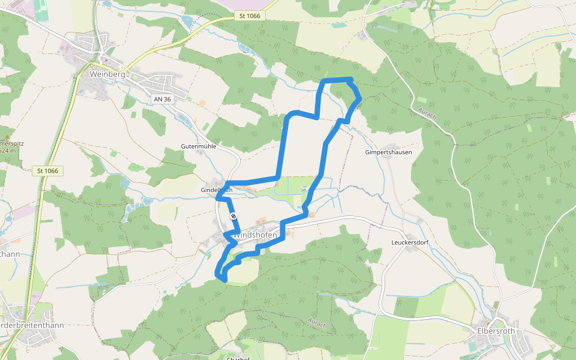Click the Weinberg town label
point(107,74)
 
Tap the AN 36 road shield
point(162,99)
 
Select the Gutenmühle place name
point(198,146)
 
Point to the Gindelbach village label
point(215,190)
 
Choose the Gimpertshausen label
point(388,152)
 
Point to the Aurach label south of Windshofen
point(317,322)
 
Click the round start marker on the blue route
point(233,216)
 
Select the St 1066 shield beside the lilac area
point(248,16)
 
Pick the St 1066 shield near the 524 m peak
point(47,171)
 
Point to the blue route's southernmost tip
point(224,280)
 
